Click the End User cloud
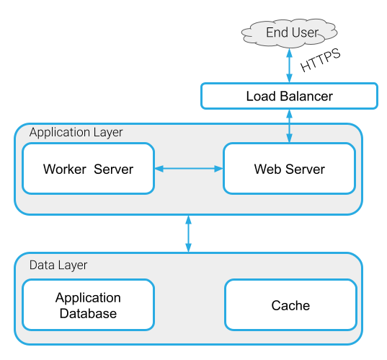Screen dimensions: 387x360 [x=289, y=33]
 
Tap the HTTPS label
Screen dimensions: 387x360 [x=321, y=60]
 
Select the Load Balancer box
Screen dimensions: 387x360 [x=289, y=96]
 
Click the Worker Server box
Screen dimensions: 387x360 [x=89, y=169]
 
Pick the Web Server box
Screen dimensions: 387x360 [x=289, y=169]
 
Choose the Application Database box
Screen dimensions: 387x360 [x=89, y=305]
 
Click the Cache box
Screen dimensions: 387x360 [x=290, y=305]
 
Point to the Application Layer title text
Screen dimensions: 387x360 [x=76, y=133]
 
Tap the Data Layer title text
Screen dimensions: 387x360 [x=58, y=265]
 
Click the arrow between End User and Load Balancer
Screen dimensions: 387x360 [x=289, y=66]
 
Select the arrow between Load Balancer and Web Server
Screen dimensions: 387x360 [x=289, y=126]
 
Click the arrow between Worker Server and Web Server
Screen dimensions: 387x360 [x=189, y=169]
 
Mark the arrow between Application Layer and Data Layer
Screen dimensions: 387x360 [x=189, y=234]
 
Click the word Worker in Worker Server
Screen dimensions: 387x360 [x=65, y=170]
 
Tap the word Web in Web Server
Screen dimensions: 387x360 [x=268, y=170]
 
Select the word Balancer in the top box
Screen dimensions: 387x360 [x=306, y=96]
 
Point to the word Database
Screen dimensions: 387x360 [x=88, y=313]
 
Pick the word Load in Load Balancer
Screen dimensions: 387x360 [x=261, y=96]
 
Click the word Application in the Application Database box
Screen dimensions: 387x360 [x=88, y=298]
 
